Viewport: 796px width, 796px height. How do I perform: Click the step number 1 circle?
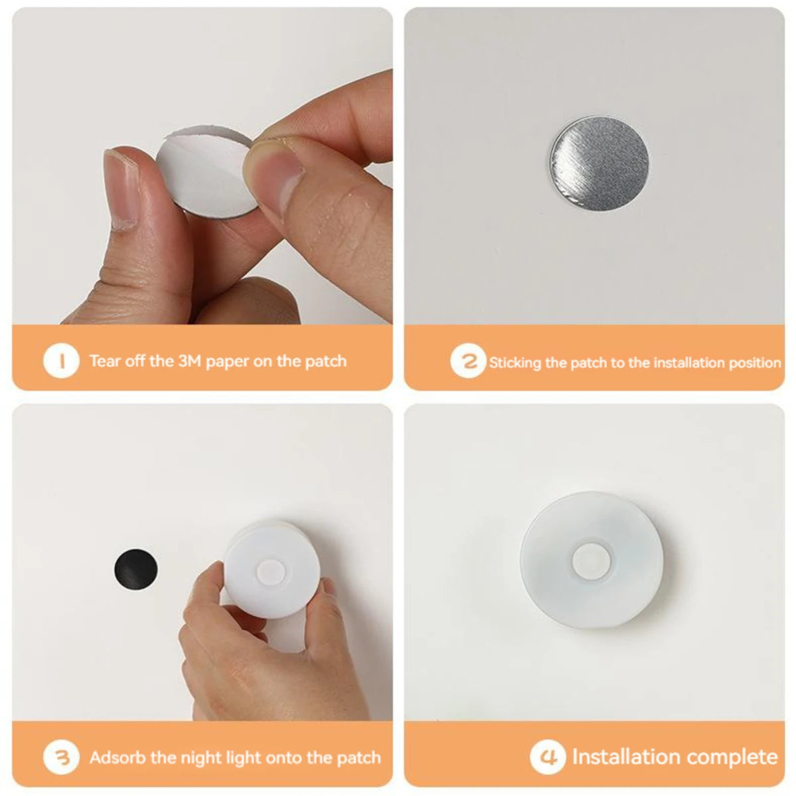[x=61, y=361]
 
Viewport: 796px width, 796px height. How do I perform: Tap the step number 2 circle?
[x=468, y=362]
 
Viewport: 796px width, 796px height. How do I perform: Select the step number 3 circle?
[x=61, y=757]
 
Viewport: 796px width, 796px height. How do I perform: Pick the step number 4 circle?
[x=548, y=757]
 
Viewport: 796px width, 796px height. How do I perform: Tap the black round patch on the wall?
[x=137, y=568]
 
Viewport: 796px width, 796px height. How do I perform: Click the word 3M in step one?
[x=190, y=362]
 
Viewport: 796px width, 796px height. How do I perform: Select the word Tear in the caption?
[x=104, y=362]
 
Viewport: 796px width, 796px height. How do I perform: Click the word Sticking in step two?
[x=515, y=363]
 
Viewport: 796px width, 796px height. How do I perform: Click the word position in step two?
[x=754, y=364]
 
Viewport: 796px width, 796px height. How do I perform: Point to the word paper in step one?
[x=228, y=362]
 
